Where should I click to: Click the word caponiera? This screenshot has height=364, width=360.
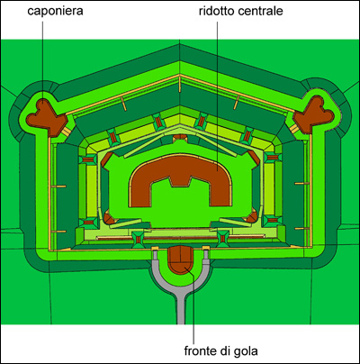[x=55, y=12]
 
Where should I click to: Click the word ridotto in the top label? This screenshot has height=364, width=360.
[x=216, y=11]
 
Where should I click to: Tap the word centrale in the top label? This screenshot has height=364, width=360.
[x=260, y=11]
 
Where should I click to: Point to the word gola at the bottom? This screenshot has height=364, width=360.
[x=246, y=350]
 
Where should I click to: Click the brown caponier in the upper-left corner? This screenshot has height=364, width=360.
[x=45, y=116]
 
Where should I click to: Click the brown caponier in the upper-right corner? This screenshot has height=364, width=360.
[x=314, y=114]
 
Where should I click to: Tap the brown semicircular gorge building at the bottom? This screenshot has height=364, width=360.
[x=180, y=259]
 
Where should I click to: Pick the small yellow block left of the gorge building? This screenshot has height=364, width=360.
[x=155, y=248]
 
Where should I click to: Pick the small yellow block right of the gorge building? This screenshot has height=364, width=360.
[x=206, y=248]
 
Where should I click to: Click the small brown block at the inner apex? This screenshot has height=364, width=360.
[x=180, y=138]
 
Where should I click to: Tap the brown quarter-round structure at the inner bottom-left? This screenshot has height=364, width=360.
[x=109, y=218]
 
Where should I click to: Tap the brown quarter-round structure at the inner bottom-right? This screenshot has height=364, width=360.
[x=251, y=217]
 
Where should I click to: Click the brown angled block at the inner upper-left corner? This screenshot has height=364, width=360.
[x=106, y=159]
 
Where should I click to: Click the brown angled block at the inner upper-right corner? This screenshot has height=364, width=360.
[x=254, y=158]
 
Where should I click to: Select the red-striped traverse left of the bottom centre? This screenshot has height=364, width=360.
[x=138, y=240]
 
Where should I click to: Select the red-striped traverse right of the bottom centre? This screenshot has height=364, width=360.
[x=223, y=239]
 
